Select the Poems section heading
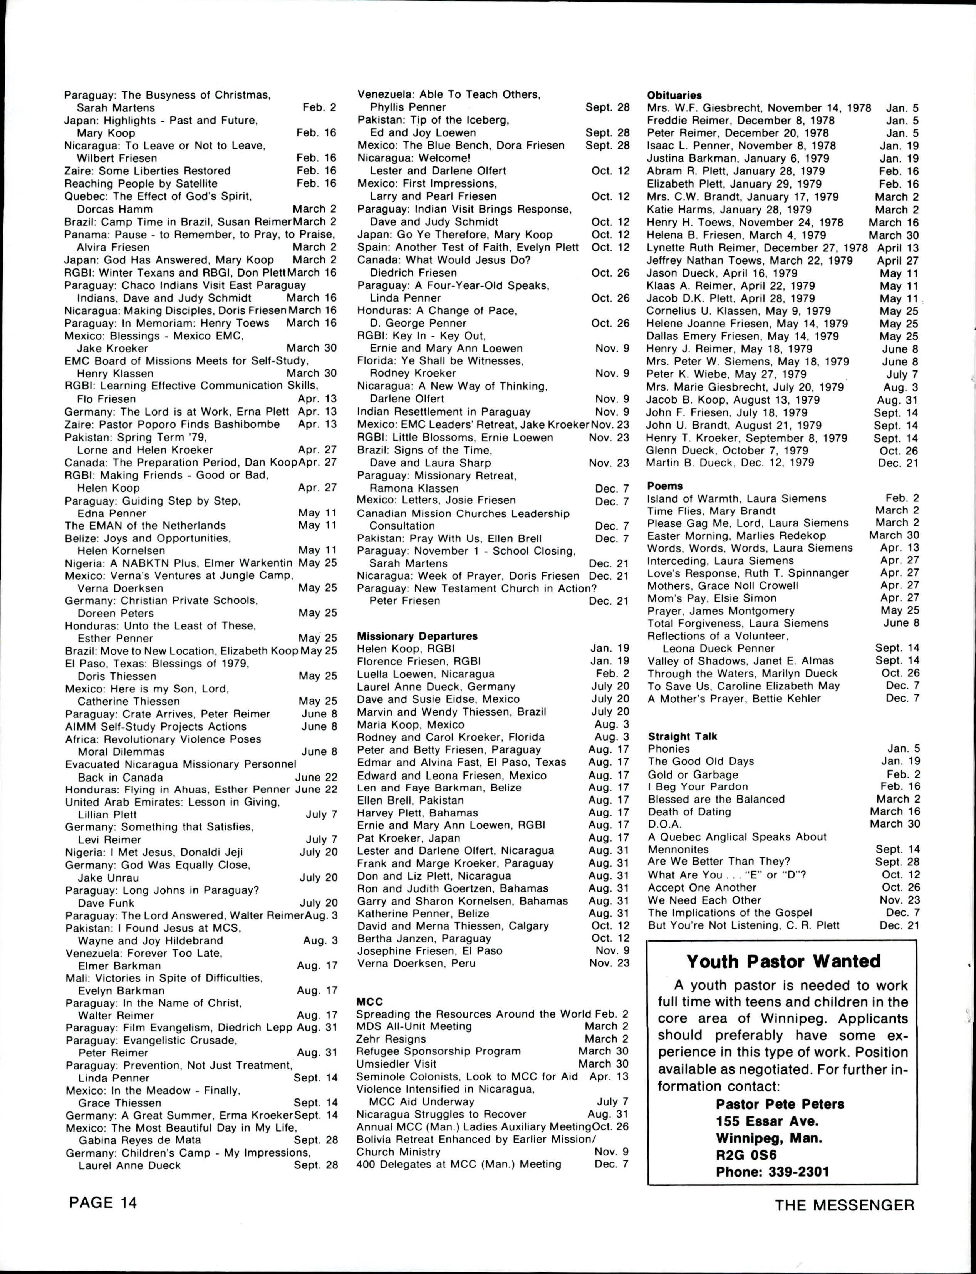[x=665, y=486]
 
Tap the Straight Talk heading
[x=683, y=736]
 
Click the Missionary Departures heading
[x=417, y=636]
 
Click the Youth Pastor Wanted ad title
[x=783, y=961]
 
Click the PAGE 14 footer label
[x=103, y=1202]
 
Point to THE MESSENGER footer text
[x=844, y=1205]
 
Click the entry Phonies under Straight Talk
[x=669, y=749]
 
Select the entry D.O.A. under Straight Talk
[x=665, y=824]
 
